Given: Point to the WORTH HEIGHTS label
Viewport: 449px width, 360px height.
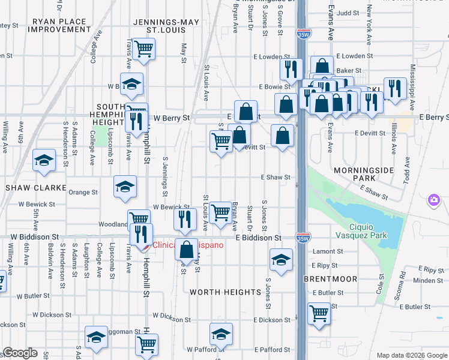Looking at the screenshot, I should pyautogui.click(x=225, y=292).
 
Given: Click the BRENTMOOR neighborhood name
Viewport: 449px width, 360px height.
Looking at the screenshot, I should pyautogui.click(x=330, y=279).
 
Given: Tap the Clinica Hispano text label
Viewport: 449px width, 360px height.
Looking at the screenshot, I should pyautogui.click(x=188, y=245).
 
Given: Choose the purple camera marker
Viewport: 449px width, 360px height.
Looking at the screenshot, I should pyautogui.click(x=433, y=199).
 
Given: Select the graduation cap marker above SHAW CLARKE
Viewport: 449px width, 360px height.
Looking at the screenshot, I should pyautogui.click(x=43, y=160).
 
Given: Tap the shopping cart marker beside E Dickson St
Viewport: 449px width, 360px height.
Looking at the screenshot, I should pyautogui.click(x=319, y=312).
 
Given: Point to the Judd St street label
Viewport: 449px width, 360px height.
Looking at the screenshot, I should pyautogui.click(x=348, y=12).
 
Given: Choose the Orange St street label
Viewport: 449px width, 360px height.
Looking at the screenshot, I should pyautogui.click(x=83, y=193).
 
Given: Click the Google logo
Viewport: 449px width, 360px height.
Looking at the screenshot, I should pyautogui.click(x=20, y=353).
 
